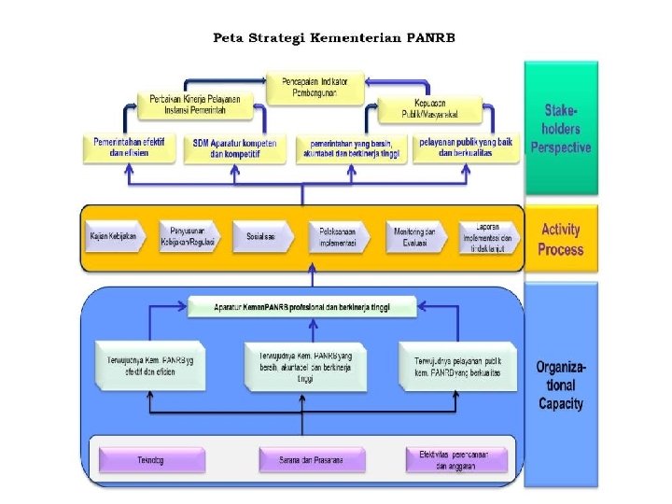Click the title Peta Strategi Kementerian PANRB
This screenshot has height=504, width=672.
pos(334,38)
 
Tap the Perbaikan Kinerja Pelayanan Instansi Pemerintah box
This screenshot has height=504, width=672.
pos(194,105)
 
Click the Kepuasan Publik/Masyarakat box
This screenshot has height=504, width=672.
pos(428,108)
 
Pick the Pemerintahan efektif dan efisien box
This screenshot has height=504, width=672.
pos(130,147)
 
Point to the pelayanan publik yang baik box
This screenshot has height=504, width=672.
pos(465,147)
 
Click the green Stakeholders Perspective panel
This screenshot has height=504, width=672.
pos(560,128)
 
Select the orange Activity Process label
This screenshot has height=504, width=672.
pos(560,240)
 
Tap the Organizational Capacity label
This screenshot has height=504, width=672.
pos(560,385)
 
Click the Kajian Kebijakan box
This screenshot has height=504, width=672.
pos(114,237)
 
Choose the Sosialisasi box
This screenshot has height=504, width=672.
pos(261,237)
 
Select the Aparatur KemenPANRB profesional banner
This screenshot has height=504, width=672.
pos(301,307)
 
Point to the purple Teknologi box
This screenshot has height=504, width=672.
pos(151,460)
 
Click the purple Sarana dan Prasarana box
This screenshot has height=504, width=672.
pos(311,460)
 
